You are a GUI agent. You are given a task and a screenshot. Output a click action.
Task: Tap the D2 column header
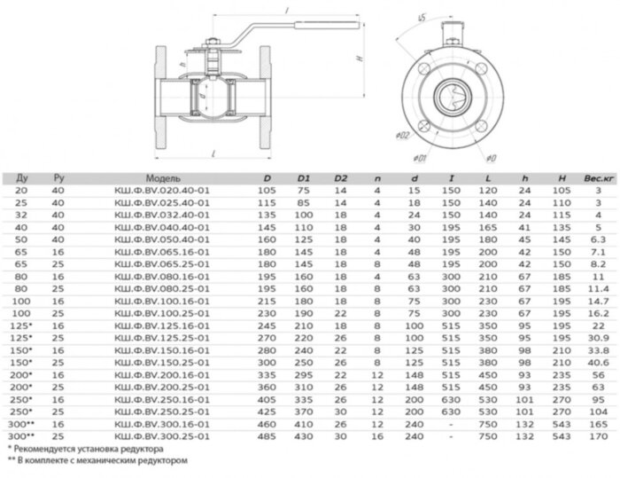(340, 177)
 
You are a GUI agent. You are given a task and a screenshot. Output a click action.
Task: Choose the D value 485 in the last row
(267, 436)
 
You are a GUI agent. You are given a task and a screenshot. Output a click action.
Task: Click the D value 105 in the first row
(267, 190)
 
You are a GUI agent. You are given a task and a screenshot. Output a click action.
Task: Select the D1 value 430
(303, 436)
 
